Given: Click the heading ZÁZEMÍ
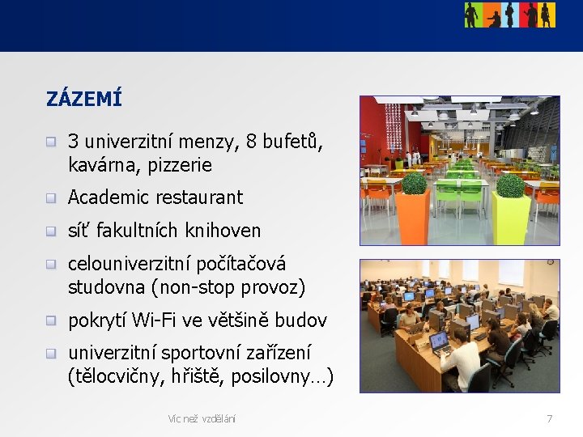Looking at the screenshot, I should tap(84, 100).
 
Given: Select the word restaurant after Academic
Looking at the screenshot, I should tap(197, 197).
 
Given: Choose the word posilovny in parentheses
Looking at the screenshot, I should tap(286, 377).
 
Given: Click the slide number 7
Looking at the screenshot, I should tap(550, 418).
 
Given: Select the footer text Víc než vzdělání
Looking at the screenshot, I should tap(202, 418).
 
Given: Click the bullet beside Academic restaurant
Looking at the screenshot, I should tap(51, 197).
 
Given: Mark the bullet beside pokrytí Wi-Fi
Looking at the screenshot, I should tap(51, 320).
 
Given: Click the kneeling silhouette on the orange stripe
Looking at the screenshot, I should tap(493, 18).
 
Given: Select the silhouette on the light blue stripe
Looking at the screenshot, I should tap(510, 15).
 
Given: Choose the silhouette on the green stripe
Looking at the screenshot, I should tap(472, 15).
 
